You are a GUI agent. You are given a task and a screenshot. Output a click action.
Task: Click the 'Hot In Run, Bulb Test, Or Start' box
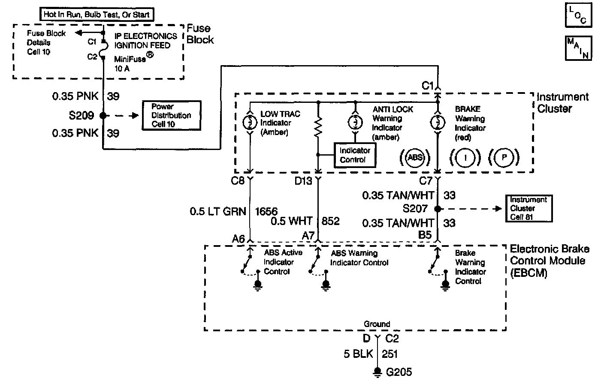[x=97, y=14]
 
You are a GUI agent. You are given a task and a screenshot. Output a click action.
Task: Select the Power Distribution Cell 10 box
[x=171, y=115]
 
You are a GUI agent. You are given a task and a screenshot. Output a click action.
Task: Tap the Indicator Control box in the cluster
[x=355, y=155]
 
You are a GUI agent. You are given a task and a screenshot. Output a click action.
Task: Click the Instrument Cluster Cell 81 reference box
[x=528, y=208]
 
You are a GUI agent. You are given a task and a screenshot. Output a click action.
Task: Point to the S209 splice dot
[x=103, y=115]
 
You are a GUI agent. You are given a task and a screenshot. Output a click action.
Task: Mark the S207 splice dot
[x=438, y=209]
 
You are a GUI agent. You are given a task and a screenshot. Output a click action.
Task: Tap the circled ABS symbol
[x=415, y=157]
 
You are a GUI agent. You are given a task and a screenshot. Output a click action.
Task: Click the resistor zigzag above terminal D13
[x=318, y=128]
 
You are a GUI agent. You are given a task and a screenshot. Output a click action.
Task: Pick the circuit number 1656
[x=266, y=211]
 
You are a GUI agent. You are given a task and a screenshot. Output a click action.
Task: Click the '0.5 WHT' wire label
[x=292, y=221]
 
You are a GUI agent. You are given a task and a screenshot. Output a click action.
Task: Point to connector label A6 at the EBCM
[x=238, y=238]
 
